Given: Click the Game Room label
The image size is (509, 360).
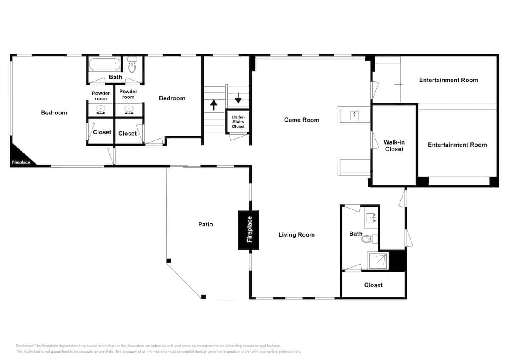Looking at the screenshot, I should point(301,120).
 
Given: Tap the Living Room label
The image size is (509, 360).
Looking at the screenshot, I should point(296,235).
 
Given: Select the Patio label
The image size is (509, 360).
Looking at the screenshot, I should point(205,224).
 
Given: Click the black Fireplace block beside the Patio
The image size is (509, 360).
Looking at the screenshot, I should point(248,230).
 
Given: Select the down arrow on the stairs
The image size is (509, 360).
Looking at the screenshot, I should point(238,98).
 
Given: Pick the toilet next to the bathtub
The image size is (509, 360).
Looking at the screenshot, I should point(132,66).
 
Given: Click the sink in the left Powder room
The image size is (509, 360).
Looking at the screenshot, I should point(101,111).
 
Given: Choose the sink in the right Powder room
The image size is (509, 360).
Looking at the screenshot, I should point(128,111).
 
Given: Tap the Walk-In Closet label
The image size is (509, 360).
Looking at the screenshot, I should point(394,145).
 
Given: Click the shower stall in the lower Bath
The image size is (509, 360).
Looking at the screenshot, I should point(378,261).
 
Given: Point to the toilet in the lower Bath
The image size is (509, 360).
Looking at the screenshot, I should point(369,240).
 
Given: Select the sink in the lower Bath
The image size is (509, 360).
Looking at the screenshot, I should point(372,218).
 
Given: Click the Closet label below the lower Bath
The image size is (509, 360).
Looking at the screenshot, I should point(373,285).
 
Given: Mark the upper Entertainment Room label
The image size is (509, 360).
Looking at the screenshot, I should point(448,80).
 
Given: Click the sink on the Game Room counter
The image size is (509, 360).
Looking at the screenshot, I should point(355,114).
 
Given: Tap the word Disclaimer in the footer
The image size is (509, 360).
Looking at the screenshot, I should point(25,346).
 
